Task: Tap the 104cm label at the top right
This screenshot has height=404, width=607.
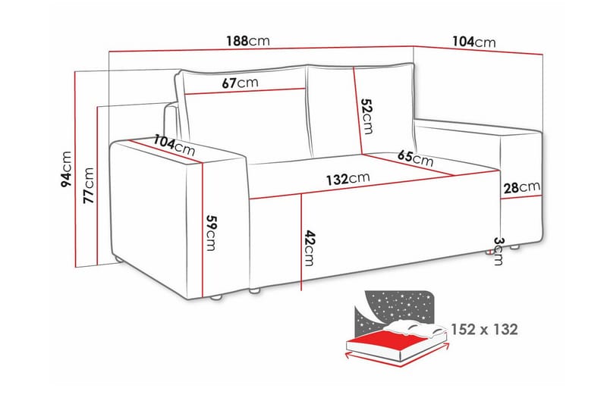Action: [474, 42]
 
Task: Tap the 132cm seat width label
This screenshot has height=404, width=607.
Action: [348, 180]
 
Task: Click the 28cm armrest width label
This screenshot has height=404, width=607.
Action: [521, 186]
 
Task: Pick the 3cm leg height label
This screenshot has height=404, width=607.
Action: [498, 250]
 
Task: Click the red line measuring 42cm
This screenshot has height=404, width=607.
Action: [302, 243]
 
